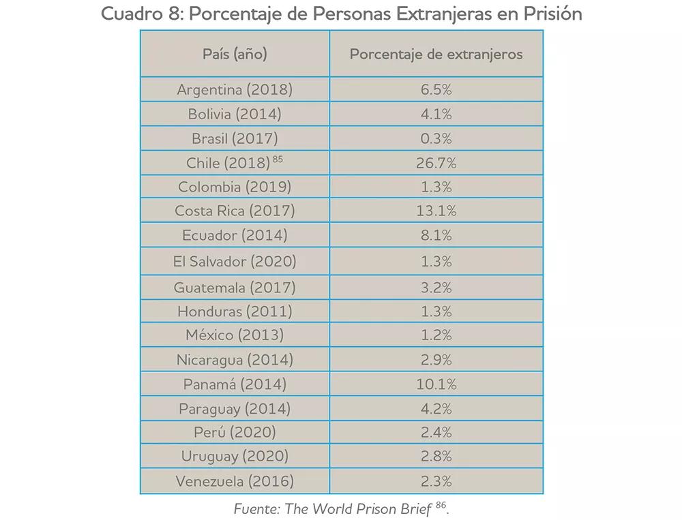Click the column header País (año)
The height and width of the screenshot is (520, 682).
click(x=235, y=54)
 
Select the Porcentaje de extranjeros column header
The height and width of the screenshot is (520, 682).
click(x=436, y=54)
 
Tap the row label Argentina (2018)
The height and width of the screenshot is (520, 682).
click(x=235, y=90)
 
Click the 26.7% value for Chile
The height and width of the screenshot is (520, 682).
click(x=436, y=163)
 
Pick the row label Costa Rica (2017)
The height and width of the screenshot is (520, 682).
click(x=235, y=211)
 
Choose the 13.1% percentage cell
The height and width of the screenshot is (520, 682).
click(x=436, y=211)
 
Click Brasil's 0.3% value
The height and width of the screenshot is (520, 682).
click(x=436, y=139)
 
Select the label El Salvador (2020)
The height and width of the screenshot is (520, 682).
click(x=235, y=261)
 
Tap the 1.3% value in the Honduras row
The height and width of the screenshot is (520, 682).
click(x=436, y=311)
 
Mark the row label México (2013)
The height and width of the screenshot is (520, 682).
click(x=235, y=335)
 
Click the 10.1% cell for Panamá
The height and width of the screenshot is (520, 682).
click(x=436, y=384)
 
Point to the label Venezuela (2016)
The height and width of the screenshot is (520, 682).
click(x=235, y=481)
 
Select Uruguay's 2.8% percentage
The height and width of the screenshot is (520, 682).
click(x=436, y=456)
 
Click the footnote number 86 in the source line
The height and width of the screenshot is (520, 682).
click(x=441, y=506)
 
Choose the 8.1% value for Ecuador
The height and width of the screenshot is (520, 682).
click(x=436, y=236)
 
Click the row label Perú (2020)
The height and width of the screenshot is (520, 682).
click(x=235, y=432)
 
